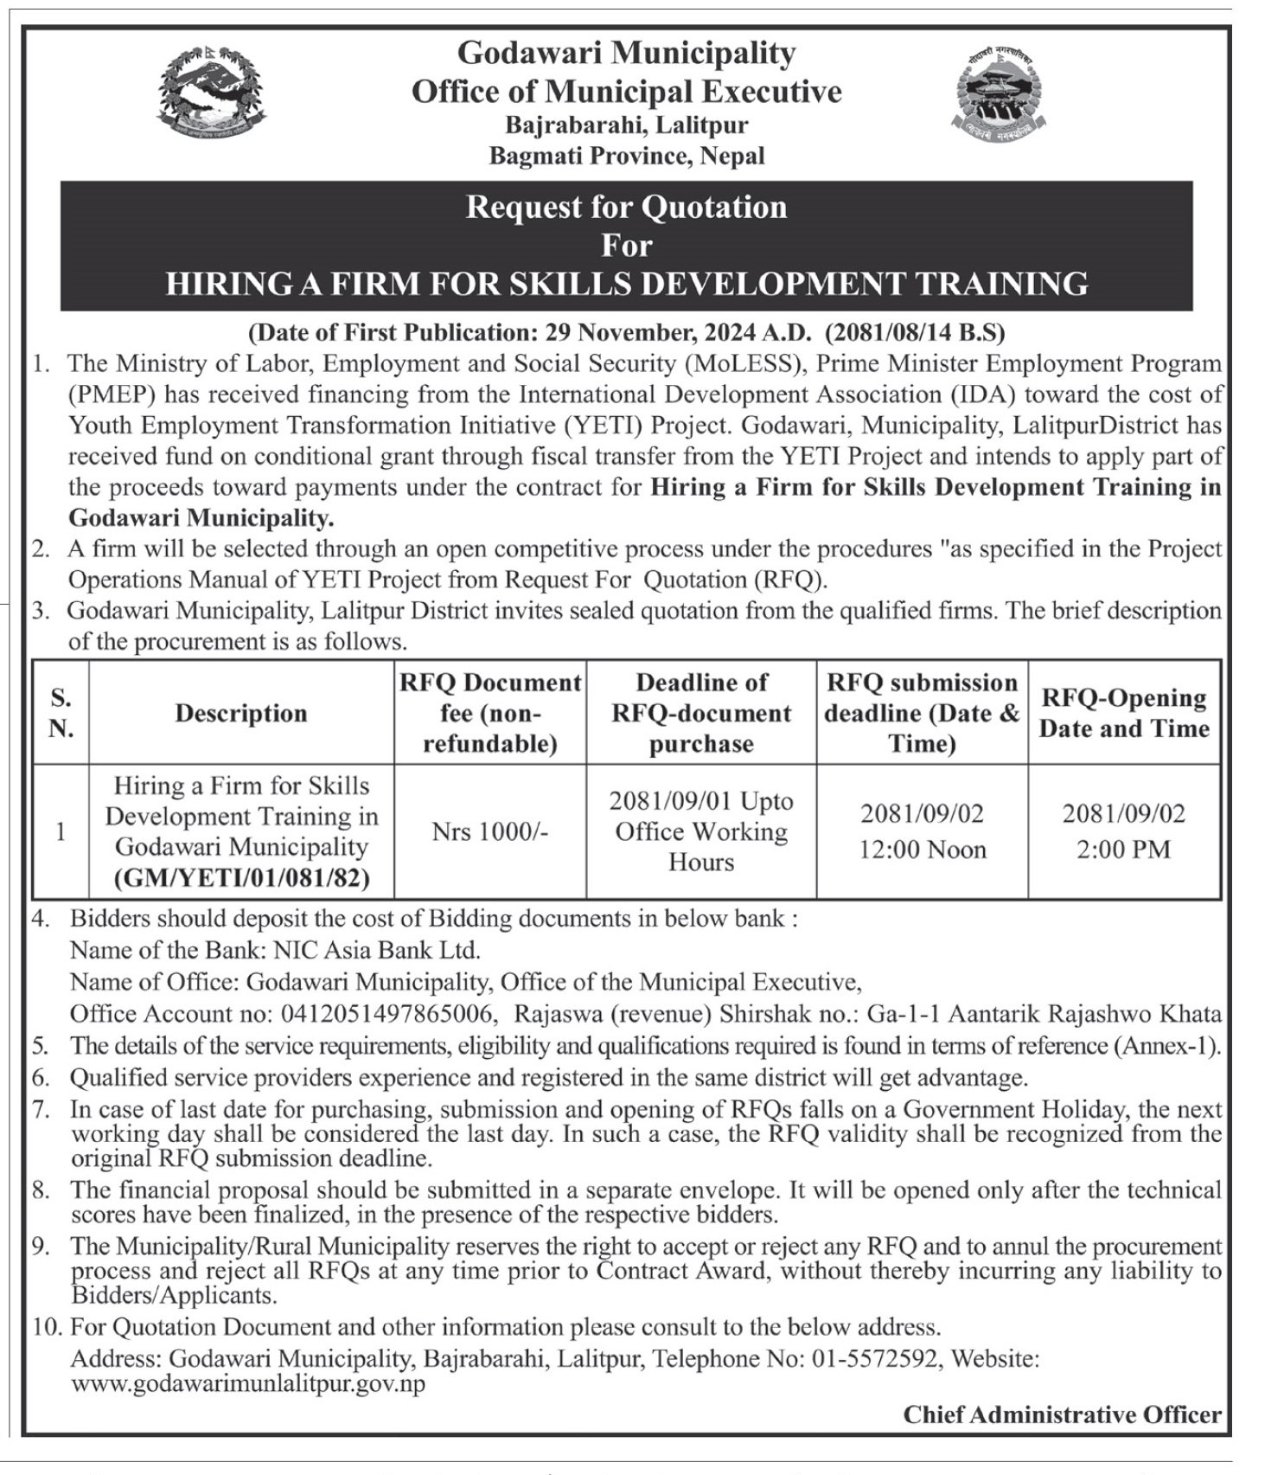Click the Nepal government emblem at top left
point(212,93)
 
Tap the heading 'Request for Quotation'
point(626,208)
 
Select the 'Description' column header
point(241,713)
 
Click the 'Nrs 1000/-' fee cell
point(490,831)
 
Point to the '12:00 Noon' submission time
point(922,850)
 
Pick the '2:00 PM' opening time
point(1123,850)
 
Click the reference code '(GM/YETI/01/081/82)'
point(241,878)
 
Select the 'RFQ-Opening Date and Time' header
point(1123,713)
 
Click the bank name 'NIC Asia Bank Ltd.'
point(376,950)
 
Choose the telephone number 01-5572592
point(874,1358)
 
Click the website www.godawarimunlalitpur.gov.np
point(248,1383)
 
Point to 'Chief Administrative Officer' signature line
point(1062,1414)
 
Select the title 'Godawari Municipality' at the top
point(626,53)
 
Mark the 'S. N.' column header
point(61,713)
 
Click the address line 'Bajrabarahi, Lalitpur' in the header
point(626,125)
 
